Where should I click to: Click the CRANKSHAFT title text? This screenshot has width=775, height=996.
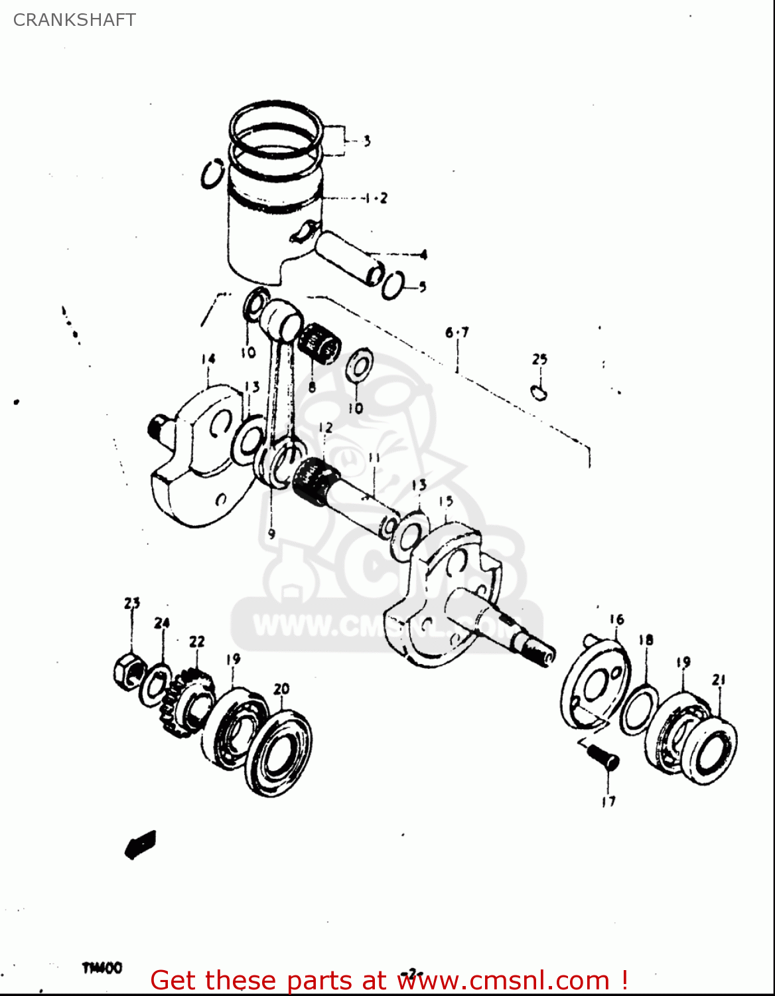click(x=74, y=20)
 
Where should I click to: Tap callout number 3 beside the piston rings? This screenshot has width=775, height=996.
click(x=366, y=141)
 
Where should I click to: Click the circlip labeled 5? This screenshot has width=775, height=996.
click(x=392, y=285)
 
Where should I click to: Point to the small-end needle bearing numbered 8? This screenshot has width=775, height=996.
click(x=319, y=343)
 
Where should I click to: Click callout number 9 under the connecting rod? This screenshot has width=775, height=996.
click(x=271, y=534)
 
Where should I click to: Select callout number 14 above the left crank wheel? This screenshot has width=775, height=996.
click(x=208, y=360)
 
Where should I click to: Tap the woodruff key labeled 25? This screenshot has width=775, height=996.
click(x=539, y=392)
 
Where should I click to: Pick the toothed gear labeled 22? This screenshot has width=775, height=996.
click(x=186, y=703)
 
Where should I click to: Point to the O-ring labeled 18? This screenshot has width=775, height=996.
click(x=639, y=710)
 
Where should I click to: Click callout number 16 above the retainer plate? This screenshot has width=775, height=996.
click(x=616, y=620)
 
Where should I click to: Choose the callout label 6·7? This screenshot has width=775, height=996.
click(x=457, y=332)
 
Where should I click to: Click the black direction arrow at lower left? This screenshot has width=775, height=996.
click(x=141, y=844)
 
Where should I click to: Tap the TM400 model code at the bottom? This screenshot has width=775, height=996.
click(x=102, y=968)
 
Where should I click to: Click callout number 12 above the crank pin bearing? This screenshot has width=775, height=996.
click(x=325, y=428)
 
